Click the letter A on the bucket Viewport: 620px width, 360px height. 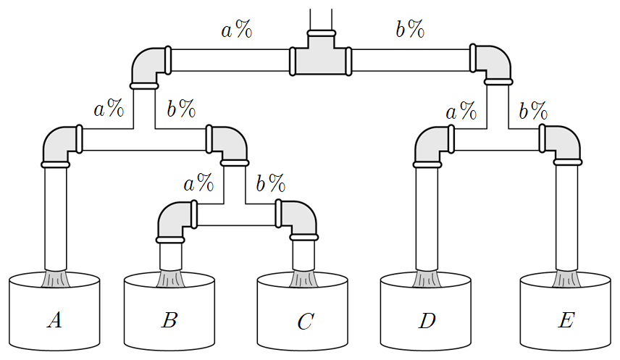(x=55, y=320)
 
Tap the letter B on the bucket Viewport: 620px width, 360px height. (x=169, y=320)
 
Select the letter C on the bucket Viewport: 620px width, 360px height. (x=306, y=321)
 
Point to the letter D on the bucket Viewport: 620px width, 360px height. (x=427, y=320)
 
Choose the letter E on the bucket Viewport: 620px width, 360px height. (x=566, y=320)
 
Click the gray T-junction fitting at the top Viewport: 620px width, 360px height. (x=321, y=55)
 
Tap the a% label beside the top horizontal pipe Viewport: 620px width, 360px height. (x=236, y=29)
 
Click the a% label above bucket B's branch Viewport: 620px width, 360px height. (x=198, y=183)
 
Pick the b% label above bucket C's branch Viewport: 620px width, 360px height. (x=271, y=183)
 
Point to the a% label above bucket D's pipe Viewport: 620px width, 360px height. (x=461, y=110)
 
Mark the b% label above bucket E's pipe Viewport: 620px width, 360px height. (x=533, y=110)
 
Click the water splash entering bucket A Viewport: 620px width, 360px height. (x=55, y=278)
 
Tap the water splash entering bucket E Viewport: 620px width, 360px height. (x=566, y=278)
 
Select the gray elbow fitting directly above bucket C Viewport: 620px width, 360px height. (x=298, y=220)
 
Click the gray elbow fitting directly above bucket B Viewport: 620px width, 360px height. (x=176, y=222)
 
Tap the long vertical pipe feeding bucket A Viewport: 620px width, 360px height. (x=55, y=219)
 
